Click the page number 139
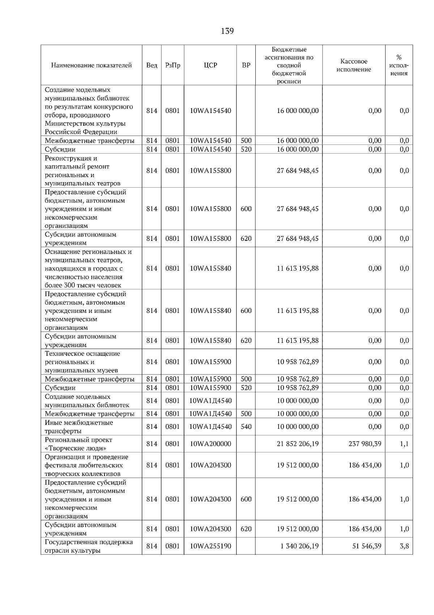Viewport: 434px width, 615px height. tap(227, 31)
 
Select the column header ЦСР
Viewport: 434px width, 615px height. tap(210, 65)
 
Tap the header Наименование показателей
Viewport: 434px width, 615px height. tap(91, 65)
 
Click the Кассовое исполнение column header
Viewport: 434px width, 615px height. tap(354, 65)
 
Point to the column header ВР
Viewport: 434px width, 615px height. tap(246, 65)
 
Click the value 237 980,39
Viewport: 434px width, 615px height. tap(365, 444)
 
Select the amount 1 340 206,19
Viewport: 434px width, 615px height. tap(299, 546)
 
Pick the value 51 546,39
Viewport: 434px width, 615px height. tap(367, 546)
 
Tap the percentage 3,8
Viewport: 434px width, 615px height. tap(404, 546)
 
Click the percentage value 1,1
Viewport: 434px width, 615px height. tap(404, 444)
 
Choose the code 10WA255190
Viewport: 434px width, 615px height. tap(210, 546)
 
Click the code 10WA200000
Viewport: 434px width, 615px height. tap(210, 444)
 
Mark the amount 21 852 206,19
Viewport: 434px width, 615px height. tap(298, 444)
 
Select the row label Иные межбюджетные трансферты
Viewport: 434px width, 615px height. tap(79, 427)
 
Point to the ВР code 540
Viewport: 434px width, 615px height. tap(246, 427)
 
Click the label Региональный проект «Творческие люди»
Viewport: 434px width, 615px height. tap(78, 444)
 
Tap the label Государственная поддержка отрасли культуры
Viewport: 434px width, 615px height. tap(89, 546)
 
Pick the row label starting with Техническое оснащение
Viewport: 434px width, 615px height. tap(82, 362)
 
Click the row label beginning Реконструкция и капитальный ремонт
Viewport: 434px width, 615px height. tap(82, 171)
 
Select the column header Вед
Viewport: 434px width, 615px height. tap(152, 65)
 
